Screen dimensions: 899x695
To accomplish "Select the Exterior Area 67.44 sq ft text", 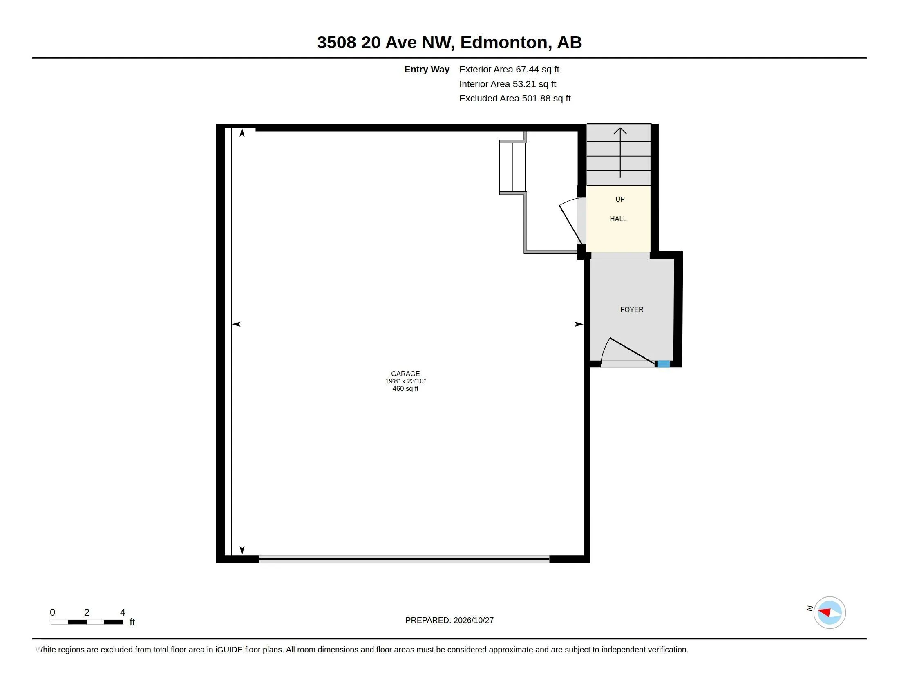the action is (x=509, y=69).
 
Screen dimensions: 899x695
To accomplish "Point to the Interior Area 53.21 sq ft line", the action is (x=508, y=84).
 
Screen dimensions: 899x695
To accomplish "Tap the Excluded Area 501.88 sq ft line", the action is (x=515, y=99).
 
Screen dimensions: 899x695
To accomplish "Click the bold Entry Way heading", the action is (x=427, y=69).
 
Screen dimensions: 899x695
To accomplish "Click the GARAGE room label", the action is (x=405, y=374).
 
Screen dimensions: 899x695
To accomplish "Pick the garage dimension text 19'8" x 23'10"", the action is (x=405, y=381).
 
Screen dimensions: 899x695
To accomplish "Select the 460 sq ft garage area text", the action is (x=405, y=389).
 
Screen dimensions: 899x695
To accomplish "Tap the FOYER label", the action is (x=632, y=309).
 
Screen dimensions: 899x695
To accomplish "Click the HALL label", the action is (x=618, y=219).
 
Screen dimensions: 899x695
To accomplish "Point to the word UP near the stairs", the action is (x=620, y=199).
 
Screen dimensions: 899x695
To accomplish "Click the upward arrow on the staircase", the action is (x=620, y=152).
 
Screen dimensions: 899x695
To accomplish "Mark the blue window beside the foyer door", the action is (x=664, y=364).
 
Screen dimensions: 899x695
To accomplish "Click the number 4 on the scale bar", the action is (x=123, y=612).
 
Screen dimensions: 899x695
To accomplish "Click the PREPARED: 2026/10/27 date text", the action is (x=449, y=620).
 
